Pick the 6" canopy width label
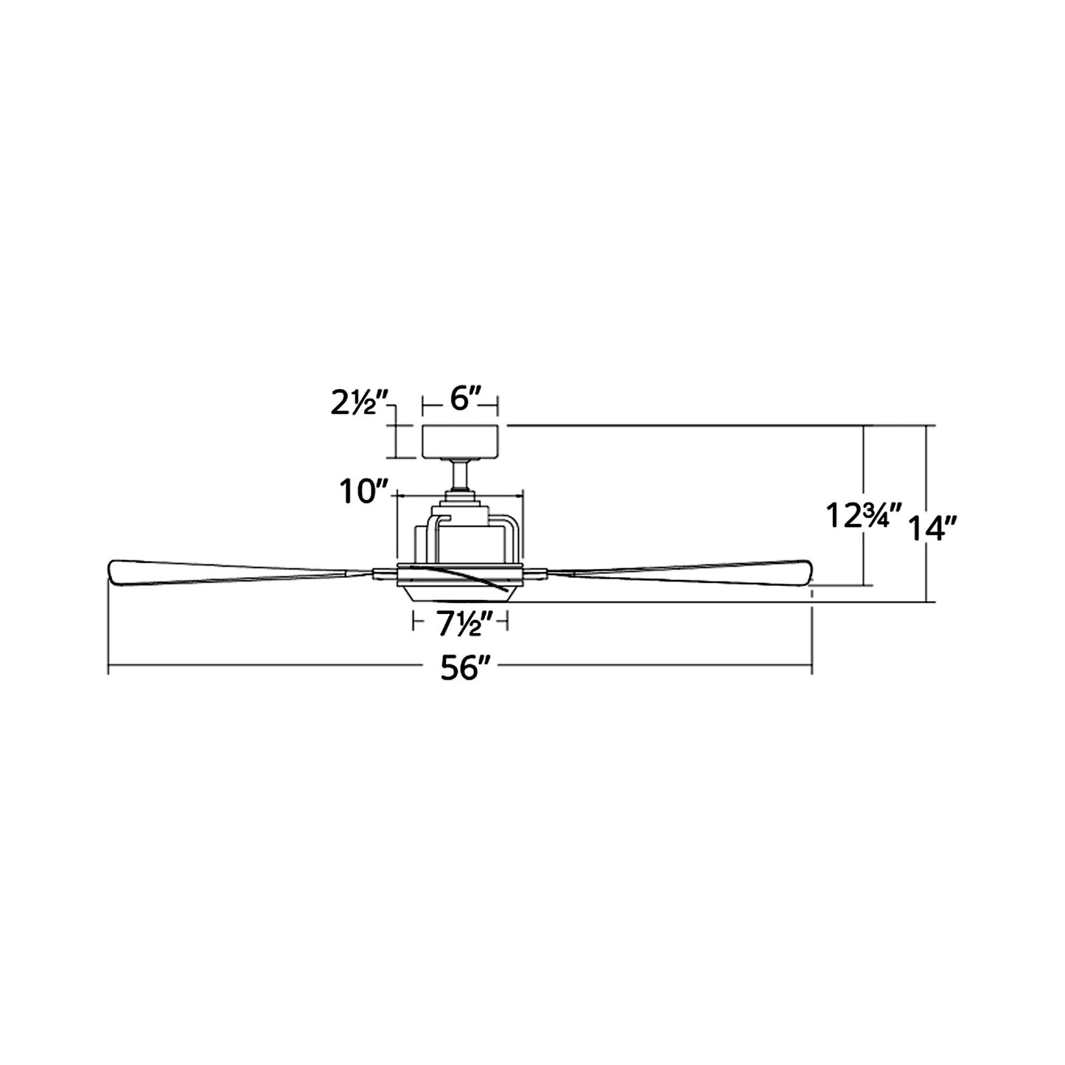pyautogui.click(x=461, y=402)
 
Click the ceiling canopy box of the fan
pyautogui.click(x=461, y=441)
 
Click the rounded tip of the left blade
pyautogui.click(x=116, y=572)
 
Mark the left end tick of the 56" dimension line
pyautogui.click(x=108, y=669)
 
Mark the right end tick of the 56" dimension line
pyautogui.click(x=811, y=669)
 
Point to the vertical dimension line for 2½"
pyautogui.click(x=396, y=441)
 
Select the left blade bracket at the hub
pyautogui.click(x=384, y=573)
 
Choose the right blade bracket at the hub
pyautogui.click(x=536, y=573)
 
